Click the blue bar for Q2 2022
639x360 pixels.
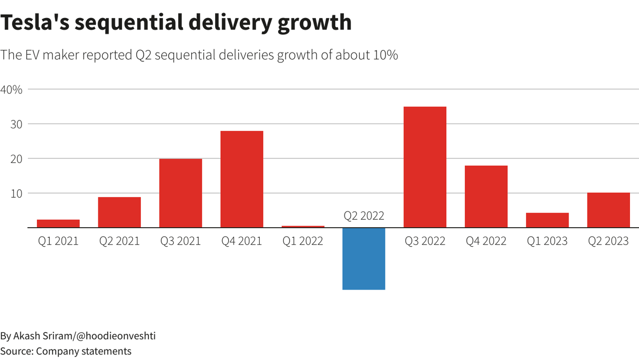(x=363, y=259)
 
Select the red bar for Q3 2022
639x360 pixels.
(x=425, y=167)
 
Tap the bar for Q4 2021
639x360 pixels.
(x=242, y=179)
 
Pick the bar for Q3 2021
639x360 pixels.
(x=181, y=193)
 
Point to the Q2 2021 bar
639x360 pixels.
(x=119, y=212)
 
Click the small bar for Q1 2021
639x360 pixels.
(x=58, y=224)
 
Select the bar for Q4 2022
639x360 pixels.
(x=486, y=197)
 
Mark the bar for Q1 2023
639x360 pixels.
(x=547, y=220)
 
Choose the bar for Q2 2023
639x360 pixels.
(x=608, y=210)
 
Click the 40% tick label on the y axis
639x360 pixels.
(x=11, y=90)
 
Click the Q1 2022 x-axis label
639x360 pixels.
(x=303, y=241)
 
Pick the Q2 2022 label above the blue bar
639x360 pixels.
(x=364, y=216)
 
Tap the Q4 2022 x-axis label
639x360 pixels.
(x=486, y=241)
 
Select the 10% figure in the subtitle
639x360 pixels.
(x=385, y=55)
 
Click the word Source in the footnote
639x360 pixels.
(x=16, y=352)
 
